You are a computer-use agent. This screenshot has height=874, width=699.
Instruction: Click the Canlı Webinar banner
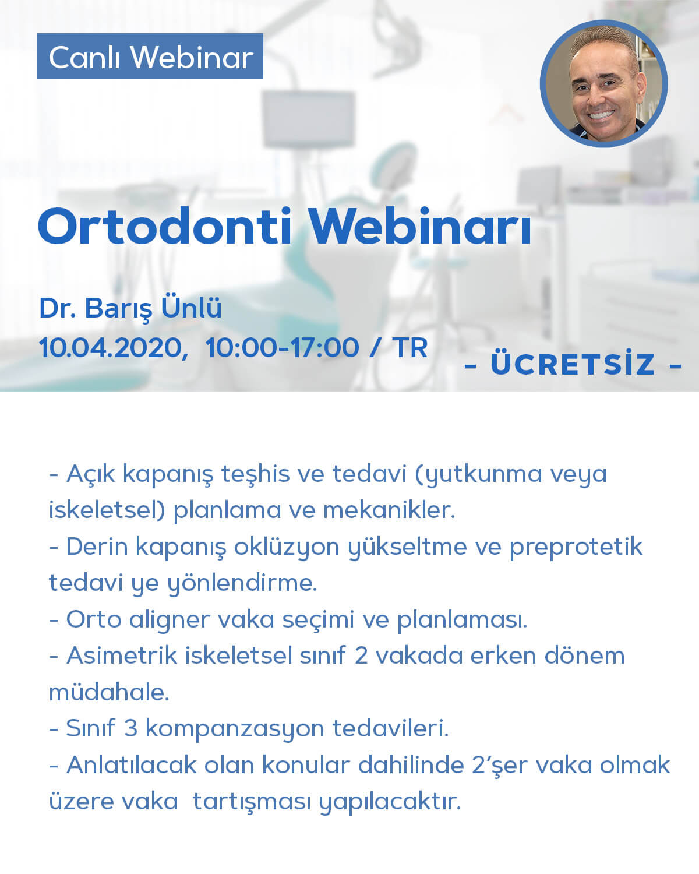tap(150, 56)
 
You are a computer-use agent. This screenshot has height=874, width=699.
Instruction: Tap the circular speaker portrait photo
tap(603, 84)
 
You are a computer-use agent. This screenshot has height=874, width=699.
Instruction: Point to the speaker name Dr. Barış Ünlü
tap(130, 308)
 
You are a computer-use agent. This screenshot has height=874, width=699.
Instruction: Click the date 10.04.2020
tap(114, 348)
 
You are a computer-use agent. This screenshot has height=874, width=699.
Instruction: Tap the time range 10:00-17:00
tap(283, 348)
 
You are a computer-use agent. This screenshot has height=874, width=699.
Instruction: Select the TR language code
tap(410, 348)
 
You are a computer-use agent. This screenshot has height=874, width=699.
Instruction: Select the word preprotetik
tap(576, 548)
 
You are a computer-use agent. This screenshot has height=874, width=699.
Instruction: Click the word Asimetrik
tap(122, 655)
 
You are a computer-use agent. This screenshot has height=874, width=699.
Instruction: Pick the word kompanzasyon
tap(235, 729)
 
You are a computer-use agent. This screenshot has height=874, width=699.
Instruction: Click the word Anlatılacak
tap(132, 765)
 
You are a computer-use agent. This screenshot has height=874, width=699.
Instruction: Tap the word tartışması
tap(252, 803)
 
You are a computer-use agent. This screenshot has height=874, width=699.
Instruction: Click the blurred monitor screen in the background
tap(308, 119)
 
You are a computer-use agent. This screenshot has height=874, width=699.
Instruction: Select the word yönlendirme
tap(242, 584)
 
